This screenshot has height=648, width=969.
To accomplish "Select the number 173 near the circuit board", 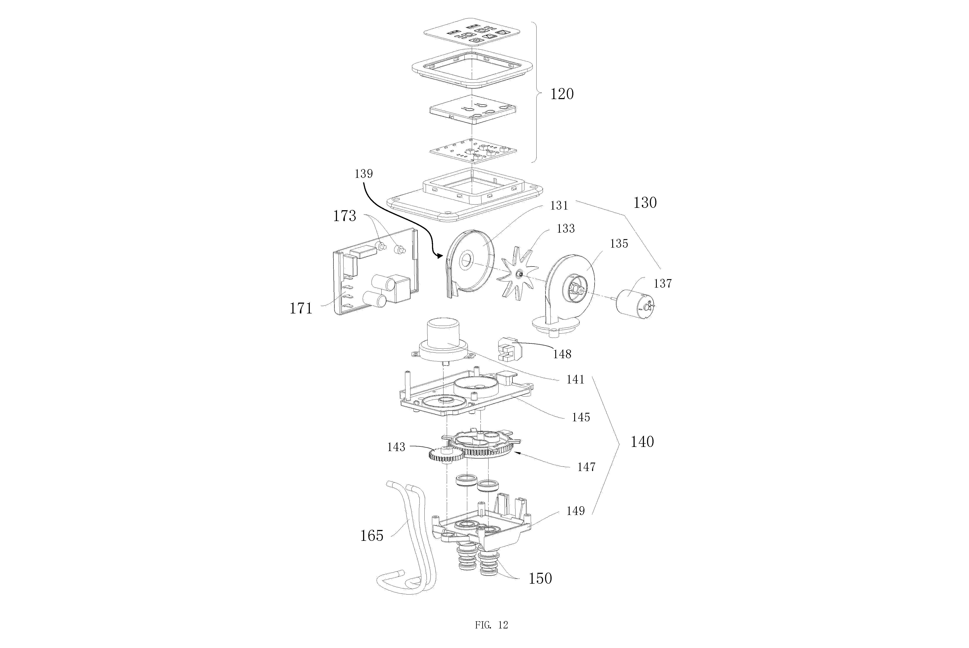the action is [345, 216].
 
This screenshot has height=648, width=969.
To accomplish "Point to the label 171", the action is [301, 308].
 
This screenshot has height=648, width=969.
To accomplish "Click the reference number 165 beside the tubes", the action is [372, 536].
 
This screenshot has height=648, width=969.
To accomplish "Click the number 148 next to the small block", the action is [562, 354].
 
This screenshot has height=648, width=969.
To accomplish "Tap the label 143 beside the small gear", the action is [396, 447].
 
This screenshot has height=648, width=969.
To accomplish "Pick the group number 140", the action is [642, 442].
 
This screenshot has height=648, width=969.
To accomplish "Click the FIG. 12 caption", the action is [491, 625].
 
